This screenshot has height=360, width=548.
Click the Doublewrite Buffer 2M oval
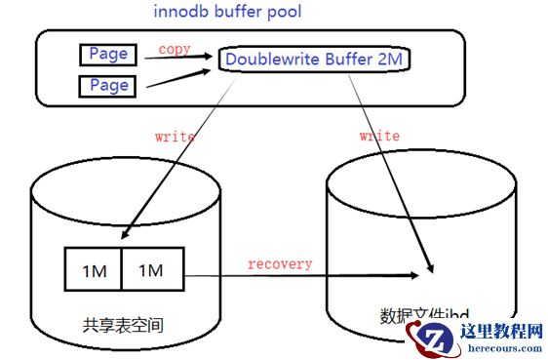[x=313, y=59]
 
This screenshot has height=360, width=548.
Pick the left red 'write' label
[x=175, y=137]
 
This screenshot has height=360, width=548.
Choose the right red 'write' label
[x=378, y=136]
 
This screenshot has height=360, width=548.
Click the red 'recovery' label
[x=279, y=263]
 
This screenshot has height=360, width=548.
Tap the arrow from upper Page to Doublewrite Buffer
[x=181, y=58]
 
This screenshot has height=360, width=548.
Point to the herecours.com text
[x=501, y=348]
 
